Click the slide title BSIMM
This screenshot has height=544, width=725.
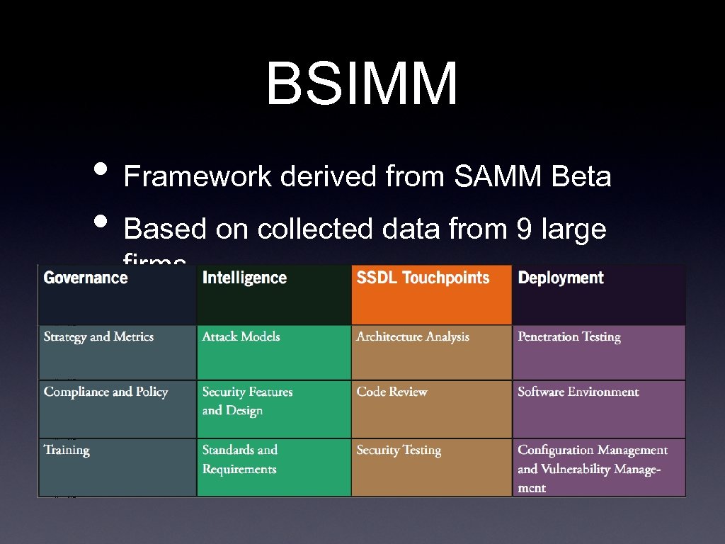[x=362, y=84]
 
